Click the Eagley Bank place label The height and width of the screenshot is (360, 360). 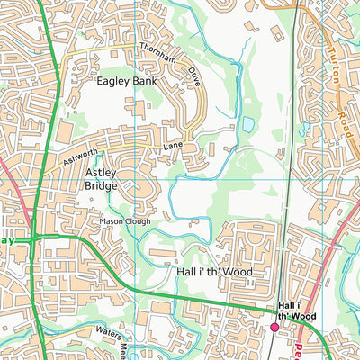tap(127, 80)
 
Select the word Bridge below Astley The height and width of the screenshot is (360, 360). tap(101, 185)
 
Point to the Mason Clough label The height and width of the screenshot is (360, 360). tap(126, 220)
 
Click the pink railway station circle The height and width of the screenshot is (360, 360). tap(275, 328)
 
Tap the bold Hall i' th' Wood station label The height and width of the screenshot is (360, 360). tap(296, 311)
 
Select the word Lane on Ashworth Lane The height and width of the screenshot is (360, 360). tap(173, 145)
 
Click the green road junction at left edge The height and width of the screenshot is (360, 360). tap(32, 239)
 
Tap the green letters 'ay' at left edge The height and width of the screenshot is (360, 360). tap(8, 240)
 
